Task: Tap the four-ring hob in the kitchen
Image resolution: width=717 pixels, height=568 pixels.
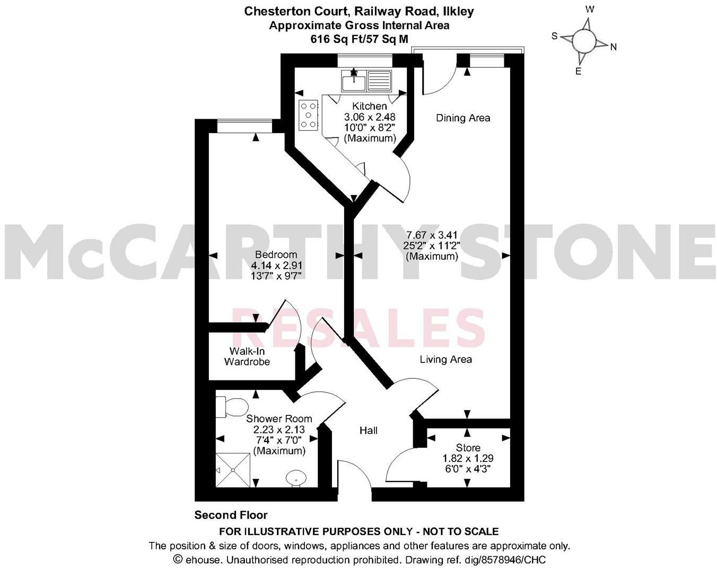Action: coord(308,114)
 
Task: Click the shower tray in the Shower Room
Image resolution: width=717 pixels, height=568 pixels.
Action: coord(232,469)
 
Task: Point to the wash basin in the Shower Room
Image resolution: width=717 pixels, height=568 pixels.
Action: coord(295,478)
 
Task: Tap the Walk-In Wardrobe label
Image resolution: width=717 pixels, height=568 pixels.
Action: coord(247,357)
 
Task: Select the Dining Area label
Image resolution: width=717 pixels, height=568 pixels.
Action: coord(463,118)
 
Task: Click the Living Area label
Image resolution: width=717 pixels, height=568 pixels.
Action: coord(445,359)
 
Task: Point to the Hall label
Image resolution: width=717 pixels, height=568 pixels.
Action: coord(369,430)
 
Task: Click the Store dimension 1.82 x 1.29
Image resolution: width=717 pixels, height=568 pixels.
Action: coord(468,458)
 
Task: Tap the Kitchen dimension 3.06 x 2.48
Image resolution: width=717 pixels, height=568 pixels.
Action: coord(370,117)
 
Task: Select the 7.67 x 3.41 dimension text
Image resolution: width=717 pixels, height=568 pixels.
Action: coord(432,235)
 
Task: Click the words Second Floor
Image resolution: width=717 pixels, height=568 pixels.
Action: coord(231,515)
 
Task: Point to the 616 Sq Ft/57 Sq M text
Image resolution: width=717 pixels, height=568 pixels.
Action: coord(359,39)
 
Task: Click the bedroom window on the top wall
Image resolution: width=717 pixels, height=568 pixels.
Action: coord(244,126)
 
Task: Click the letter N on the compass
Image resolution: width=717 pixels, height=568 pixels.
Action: coord(614,47)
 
